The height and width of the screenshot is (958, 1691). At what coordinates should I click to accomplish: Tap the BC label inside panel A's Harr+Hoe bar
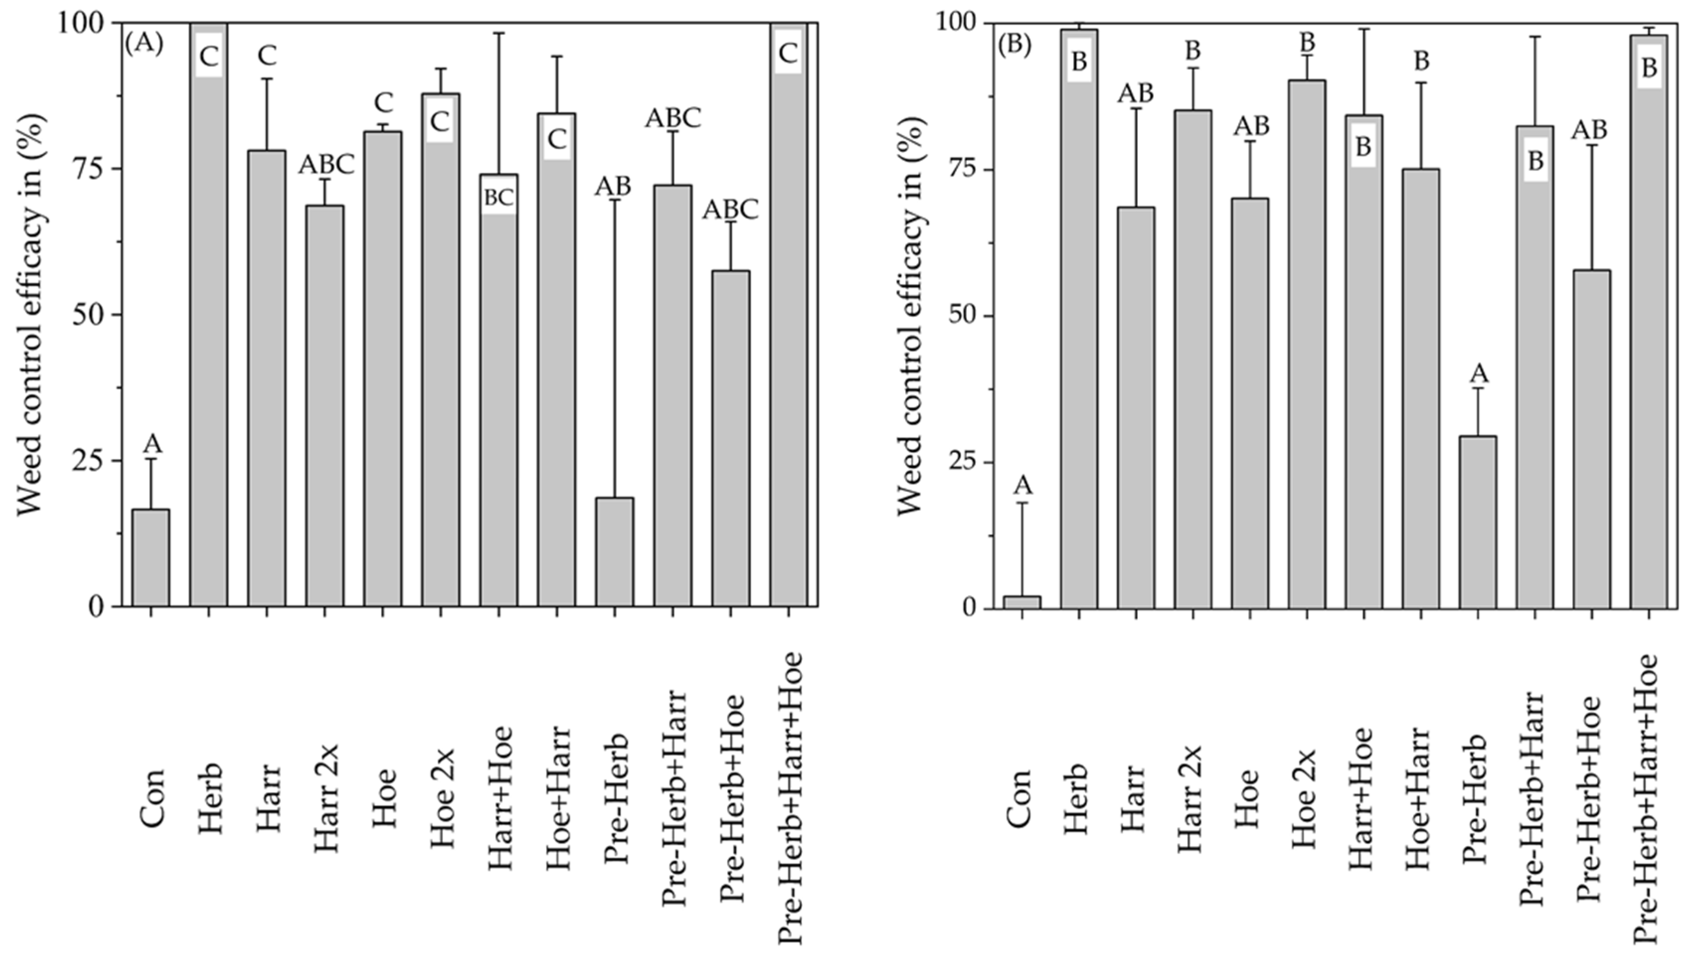(498, 198)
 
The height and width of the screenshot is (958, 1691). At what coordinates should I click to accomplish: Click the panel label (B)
(1015, 45)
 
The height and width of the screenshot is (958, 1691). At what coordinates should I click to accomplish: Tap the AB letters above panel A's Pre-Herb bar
(613, 187)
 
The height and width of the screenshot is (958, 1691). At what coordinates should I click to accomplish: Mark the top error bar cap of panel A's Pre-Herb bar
(614, 199)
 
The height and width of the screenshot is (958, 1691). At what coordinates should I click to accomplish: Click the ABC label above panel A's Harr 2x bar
(326, 165)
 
